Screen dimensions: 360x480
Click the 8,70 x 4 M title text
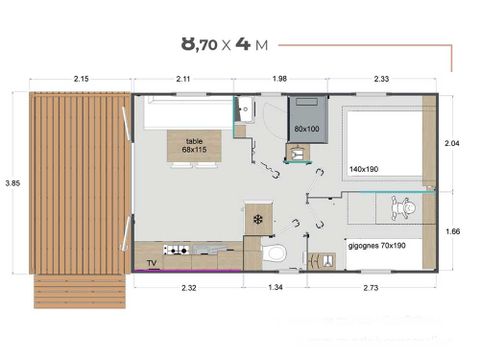(x=225, y=44)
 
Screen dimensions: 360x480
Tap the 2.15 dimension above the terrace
(x=82, y=79)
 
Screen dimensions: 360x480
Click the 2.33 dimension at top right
(x=381, y=79)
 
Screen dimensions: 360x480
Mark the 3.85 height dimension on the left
(x=11, y=183)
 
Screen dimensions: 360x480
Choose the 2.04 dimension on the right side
(x=452, y=143)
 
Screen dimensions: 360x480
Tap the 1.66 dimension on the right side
(x=452, y=230)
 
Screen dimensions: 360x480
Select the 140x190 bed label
(x=365, y=169)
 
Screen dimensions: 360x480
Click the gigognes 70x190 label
(x=377, y=243)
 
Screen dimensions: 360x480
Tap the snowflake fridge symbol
(x=258, y=219)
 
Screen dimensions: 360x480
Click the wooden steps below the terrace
(x=80, y=292)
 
